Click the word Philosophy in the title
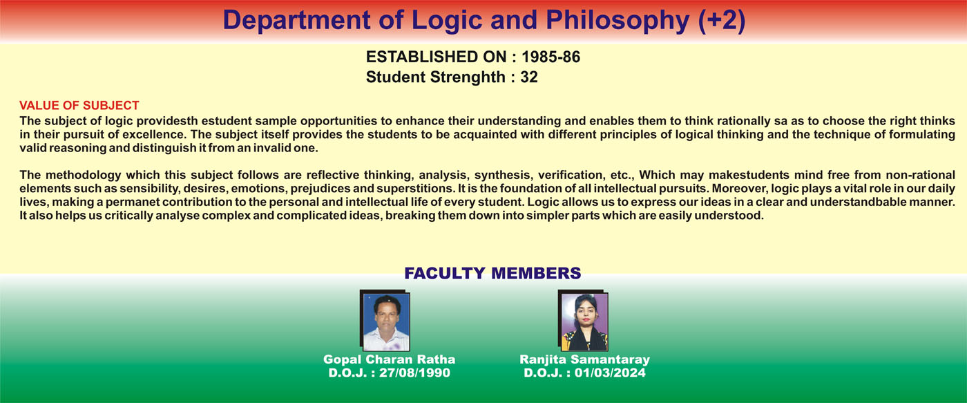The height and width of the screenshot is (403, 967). click(x=617, y=21)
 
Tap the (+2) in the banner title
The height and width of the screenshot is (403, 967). click(x=722, y=20)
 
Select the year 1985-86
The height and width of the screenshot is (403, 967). click(x=551, y=57)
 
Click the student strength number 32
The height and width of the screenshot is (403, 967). click(x=529, y=77)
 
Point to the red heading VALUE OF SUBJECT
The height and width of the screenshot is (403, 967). click(x=79, y=105)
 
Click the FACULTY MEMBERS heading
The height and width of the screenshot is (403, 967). click(x=492, y=273)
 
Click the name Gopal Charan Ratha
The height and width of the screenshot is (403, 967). click(x=389, y=359)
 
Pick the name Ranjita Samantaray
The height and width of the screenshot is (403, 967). click(x=584, y=359)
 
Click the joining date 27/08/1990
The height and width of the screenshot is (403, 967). click(x=414, y=373)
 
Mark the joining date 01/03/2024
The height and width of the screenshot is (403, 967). click(x=610, y=373)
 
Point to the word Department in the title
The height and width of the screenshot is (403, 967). click(x=297, y=21)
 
